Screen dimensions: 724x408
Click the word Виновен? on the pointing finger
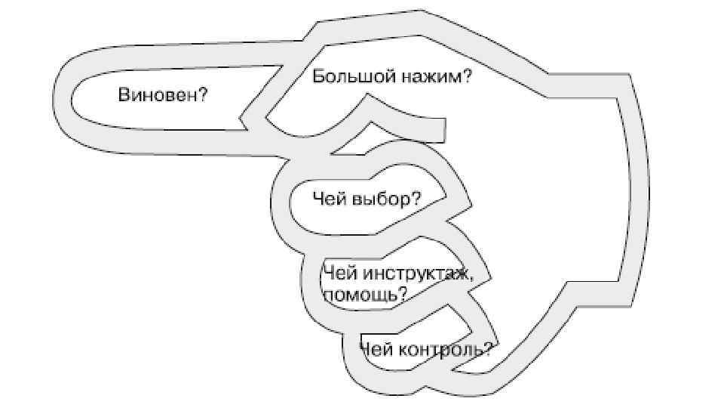(162, 95)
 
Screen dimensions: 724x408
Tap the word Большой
(348, 76)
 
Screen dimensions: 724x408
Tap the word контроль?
(444, 349)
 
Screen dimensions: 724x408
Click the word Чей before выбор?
(330, 199)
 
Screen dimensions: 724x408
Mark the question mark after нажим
(467, 76)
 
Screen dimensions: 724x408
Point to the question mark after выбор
(416, 199)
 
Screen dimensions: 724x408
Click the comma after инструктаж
(472, 276)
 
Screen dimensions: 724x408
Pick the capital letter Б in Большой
(318, 76)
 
